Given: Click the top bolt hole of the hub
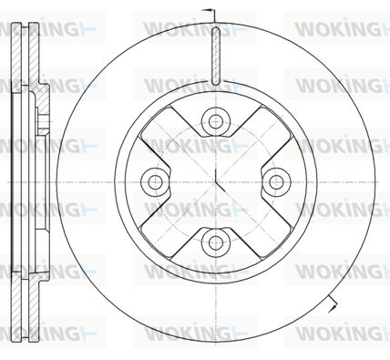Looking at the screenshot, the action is [x=215, y=121].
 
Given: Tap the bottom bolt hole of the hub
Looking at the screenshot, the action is [x=215, y=242].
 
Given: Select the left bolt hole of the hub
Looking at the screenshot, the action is [x=155, y=181].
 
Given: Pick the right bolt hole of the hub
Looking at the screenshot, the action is [x=276, y=181].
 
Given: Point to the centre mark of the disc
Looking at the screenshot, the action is [x=216, y=181].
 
